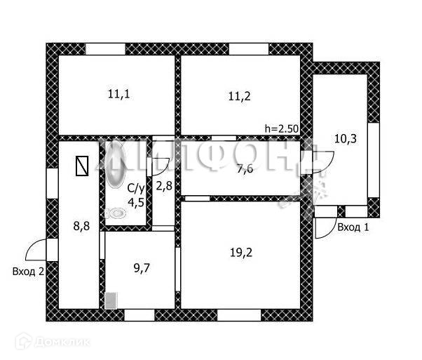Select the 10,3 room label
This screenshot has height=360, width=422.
click(345, 138)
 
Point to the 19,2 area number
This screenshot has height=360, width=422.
click(240, 257)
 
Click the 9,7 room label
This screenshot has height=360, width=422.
click(141, 267)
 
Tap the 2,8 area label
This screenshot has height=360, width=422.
click(163, 186)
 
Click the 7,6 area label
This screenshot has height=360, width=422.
click(245, 168)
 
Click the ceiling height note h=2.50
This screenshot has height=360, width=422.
click(281, 128)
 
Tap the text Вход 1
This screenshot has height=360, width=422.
click(353, 227)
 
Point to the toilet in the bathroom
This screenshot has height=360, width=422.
click(114, 212)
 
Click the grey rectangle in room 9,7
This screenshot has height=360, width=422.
click(110, 300)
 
